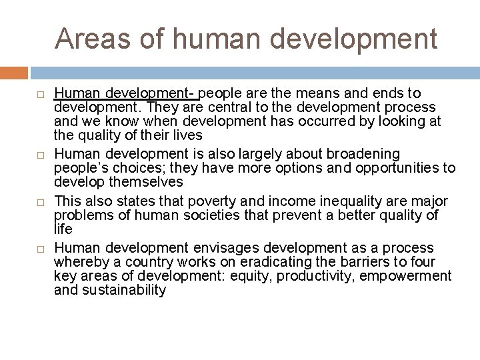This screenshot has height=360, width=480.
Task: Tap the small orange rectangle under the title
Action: point(14,73)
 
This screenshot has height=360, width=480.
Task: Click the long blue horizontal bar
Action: point(255,73)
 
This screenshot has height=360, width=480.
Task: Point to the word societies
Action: point(220,215)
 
